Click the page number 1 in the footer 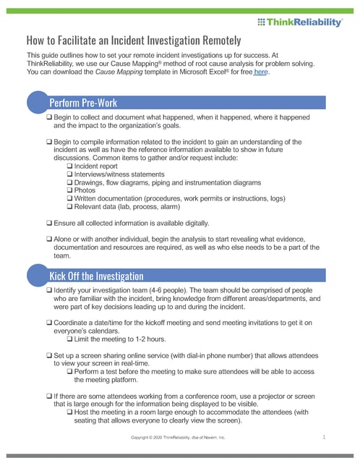[325, 437]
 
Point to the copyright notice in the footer [178, 438]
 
